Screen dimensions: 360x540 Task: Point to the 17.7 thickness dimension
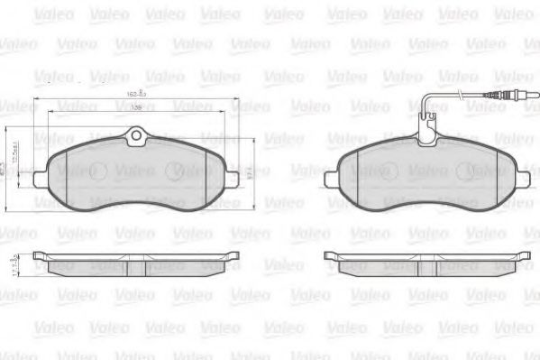click(x=13, y=265)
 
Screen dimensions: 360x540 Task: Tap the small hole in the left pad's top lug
click(x=137, y=137)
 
